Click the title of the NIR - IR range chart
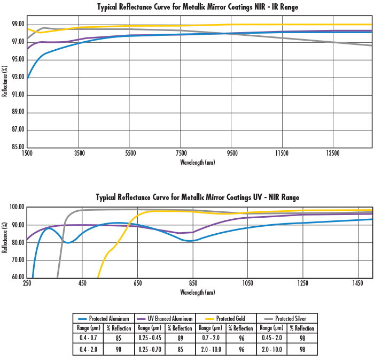tap(198, 7)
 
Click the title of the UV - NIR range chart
tap(198, 197)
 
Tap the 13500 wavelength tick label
tap(333, 153)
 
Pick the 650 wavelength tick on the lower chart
tap(137, 284)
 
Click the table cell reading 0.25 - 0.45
tap(149, 338)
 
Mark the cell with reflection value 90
tap(119, 349)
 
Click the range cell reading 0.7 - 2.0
tap(210, 338)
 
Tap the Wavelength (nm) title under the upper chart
tap(198, 162)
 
